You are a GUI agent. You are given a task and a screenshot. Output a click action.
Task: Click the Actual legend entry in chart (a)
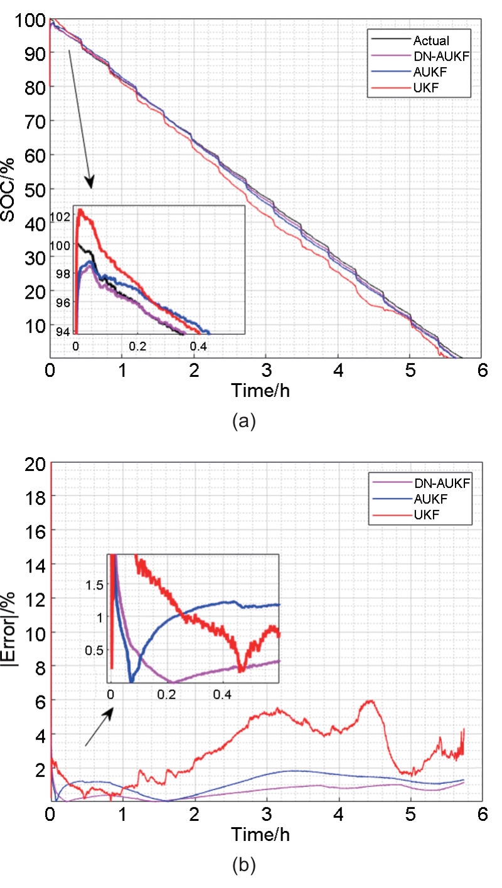[430, 41]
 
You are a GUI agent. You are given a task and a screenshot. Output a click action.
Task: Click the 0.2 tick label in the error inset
[166, 694]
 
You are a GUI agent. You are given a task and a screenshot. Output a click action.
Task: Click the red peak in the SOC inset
[80, 210]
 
